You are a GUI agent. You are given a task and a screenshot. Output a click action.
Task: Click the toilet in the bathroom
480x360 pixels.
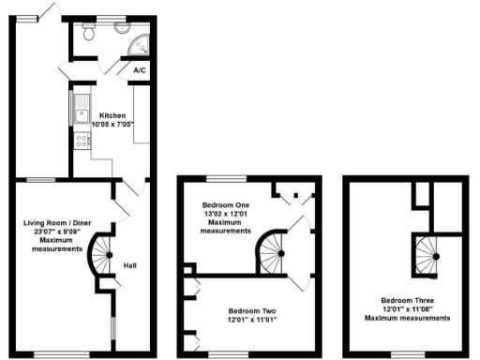tap(88, 34)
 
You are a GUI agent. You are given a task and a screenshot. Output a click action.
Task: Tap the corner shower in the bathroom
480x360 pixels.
tap(140, 42)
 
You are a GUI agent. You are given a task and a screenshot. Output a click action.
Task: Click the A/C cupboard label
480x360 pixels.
tap(139, 70)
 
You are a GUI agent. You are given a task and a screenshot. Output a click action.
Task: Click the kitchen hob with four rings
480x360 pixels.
tap(82, 141)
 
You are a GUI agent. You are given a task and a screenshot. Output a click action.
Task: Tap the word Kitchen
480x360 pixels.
tap(112, 115)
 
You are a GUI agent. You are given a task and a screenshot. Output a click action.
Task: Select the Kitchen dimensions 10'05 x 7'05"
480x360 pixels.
tap(112, 124)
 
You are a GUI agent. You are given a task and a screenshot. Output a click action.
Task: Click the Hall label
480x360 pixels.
tap(130, 265)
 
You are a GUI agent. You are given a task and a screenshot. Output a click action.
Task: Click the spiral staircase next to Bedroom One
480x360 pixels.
tap(274, 251)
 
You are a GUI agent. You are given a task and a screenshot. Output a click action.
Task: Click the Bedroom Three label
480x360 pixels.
tap(408, 300)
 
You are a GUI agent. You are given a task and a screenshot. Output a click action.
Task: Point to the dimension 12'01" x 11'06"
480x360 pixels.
tap(408, 309)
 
